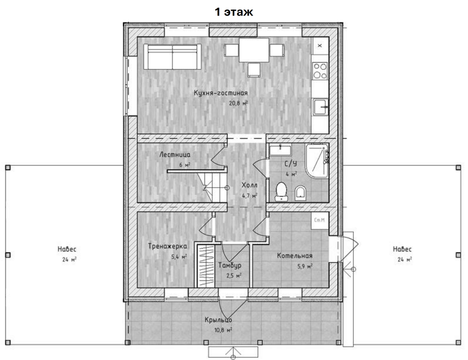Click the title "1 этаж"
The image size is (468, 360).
[234, 12]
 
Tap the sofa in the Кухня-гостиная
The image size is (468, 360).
[172, 57]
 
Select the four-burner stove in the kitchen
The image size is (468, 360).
[320, 71]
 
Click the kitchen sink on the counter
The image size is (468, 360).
[320, 107]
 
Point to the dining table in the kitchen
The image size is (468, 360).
[254, 50]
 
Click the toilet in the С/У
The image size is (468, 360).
[281, 192]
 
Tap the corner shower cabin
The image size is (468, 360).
[317, 161]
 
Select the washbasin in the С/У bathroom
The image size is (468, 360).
[280, 150]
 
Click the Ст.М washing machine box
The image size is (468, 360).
[320, 220]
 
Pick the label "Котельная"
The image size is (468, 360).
[295, 256]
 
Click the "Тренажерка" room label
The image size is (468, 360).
[167, 246]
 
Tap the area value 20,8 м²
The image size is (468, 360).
[238, 103]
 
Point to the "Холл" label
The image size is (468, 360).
[249, 185]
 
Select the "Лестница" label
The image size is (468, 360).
[175, 155]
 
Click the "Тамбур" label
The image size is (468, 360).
[230, 265]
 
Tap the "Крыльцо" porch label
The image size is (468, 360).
[218, 320]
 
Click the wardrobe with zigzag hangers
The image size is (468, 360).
[206, 266]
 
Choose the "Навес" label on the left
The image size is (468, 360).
[67, 249]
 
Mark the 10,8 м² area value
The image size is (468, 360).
[223, 330]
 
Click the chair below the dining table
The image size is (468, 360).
[254, 70]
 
